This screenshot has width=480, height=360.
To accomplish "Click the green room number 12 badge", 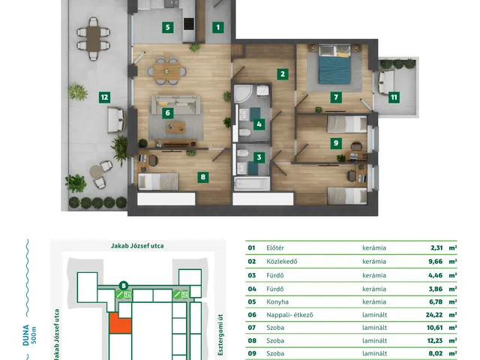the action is point(104,97).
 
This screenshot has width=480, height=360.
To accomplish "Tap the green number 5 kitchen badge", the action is point(167,28).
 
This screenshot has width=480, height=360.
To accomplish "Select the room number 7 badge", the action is point(336,97).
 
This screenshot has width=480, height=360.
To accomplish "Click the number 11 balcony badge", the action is point(394,97).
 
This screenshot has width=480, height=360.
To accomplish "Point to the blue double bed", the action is point(334,64).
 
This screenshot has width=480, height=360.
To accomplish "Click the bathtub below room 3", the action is point(252,184).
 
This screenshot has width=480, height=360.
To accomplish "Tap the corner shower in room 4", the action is point(243,94).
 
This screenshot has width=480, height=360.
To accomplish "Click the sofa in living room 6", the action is point(175,102).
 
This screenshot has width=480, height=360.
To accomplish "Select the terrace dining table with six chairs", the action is point(93,39).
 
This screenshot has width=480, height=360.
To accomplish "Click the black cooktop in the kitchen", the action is point(189,24).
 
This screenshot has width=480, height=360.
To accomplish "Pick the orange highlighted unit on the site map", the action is point(120,323).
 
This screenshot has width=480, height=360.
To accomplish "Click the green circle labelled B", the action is point(123,286).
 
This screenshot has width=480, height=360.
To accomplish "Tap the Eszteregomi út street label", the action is point(220,334).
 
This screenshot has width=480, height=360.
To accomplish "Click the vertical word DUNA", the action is point(25,335).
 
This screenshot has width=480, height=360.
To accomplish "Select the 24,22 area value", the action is point(434,315).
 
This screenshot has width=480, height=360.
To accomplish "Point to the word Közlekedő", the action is point(282,262).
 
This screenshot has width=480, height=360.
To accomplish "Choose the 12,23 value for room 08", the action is point(435,340).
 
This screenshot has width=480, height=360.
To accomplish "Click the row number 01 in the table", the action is point(251,247).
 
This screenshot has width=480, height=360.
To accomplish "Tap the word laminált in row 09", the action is point(375,353).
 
